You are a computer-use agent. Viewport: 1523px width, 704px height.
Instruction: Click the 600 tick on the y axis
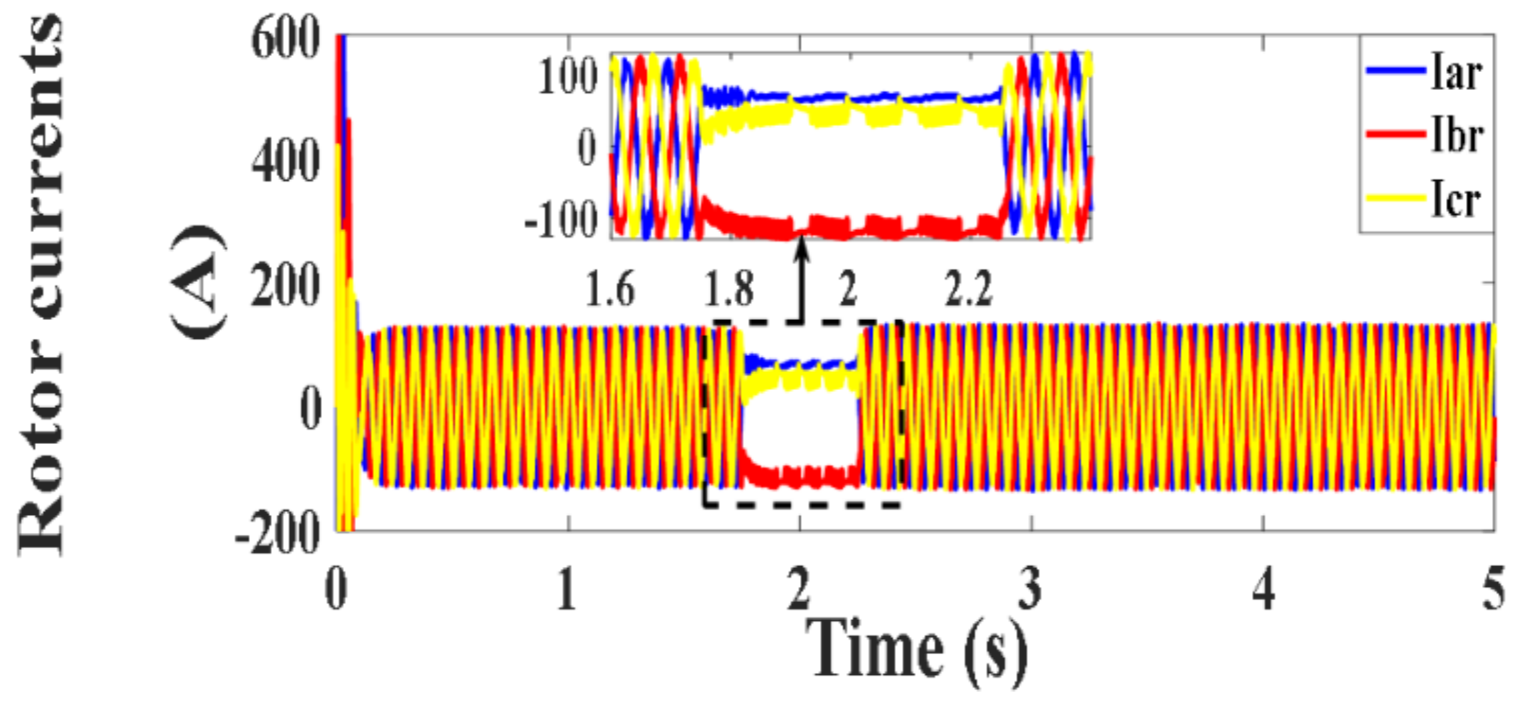coord(285,39)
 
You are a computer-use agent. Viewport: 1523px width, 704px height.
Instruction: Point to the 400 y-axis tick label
coord(285,161)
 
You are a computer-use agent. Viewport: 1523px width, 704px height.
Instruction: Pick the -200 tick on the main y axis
coord(278,534)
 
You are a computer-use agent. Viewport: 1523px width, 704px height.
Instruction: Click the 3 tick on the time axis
coord(1031,590)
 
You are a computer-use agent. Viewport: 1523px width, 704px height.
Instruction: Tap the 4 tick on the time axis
coord(1263,590)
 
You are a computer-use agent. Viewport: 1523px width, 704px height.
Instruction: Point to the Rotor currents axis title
coord(42,284)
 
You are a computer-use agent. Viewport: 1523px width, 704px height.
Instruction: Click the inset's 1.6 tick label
coord(609,289)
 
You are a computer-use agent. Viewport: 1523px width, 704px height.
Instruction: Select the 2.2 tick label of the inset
coord(968,289)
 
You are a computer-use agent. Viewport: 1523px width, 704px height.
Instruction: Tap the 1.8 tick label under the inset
coord(728,289)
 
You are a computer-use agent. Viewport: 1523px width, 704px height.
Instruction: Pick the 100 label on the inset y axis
coord(568,76)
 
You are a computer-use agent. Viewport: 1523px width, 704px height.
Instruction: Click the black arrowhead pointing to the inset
coord(802,247)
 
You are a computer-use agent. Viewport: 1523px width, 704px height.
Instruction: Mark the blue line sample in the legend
coord(1396,71)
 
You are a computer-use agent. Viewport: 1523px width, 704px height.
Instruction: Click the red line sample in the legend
coord(1396,134)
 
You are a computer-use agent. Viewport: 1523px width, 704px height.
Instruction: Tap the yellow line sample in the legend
coord(1396,199)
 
